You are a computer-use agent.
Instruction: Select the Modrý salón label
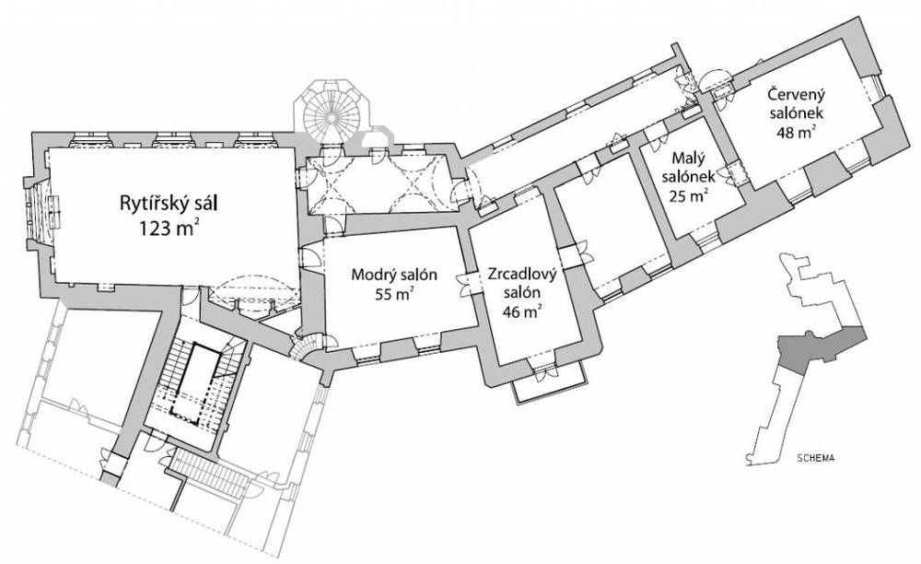point(394,275)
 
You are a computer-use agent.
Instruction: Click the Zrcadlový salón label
point(521,283)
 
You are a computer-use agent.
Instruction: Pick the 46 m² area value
point(521,312)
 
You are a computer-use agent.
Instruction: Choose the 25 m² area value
point(688,195)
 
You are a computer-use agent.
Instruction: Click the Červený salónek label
point(797,103)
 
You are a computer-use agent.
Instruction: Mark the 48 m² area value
point(797,132)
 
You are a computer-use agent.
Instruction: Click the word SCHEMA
point(816,458)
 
